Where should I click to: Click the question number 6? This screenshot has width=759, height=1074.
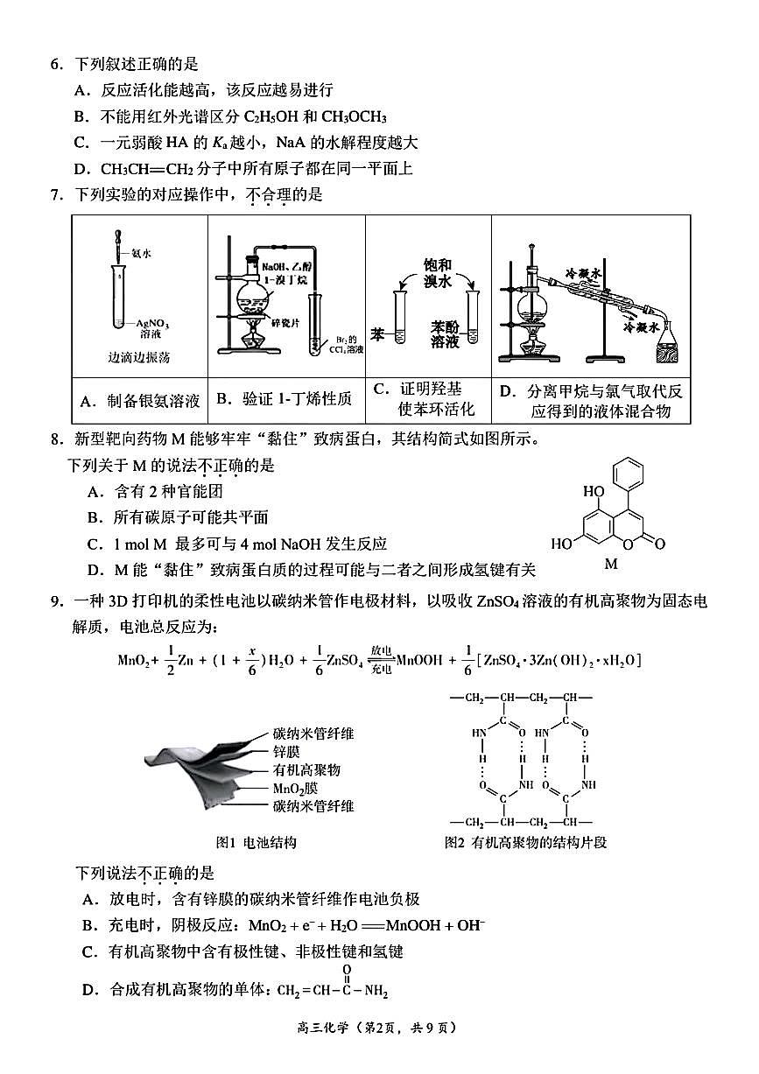click(x=55, y=65)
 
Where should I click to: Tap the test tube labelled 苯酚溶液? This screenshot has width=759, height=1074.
click(x=474, y=317)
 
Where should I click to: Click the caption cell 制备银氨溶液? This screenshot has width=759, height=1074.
click(x=140, y=402)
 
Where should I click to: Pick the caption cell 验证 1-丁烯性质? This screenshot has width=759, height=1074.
click(x=285, y=400)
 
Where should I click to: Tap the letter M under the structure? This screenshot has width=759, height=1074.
click(x=611, y=565)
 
